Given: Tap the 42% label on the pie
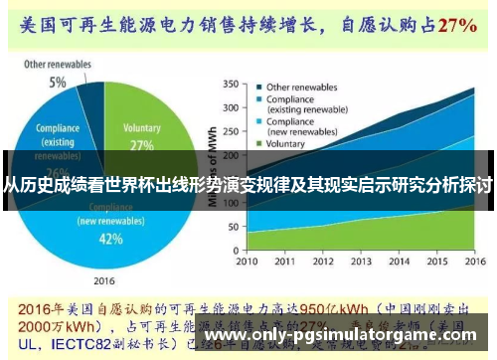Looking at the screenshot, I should pos(110,239).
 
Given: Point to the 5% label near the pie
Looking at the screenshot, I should pos(58,82).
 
